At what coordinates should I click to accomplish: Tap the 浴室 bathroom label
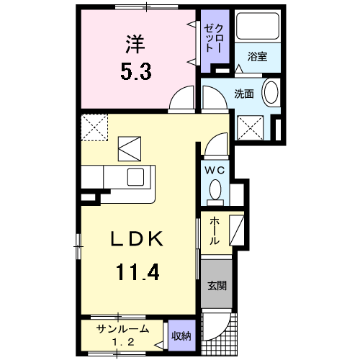258,56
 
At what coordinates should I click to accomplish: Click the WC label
215,170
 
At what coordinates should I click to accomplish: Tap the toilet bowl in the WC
215,189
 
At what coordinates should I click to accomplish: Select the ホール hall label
214,232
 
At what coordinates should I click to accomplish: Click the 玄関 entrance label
216,285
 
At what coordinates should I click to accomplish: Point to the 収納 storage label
181,334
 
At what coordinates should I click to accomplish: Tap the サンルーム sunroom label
123,328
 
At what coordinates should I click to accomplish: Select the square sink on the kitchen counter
136,177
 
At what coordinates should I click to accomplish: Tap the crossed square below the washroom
253,128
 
